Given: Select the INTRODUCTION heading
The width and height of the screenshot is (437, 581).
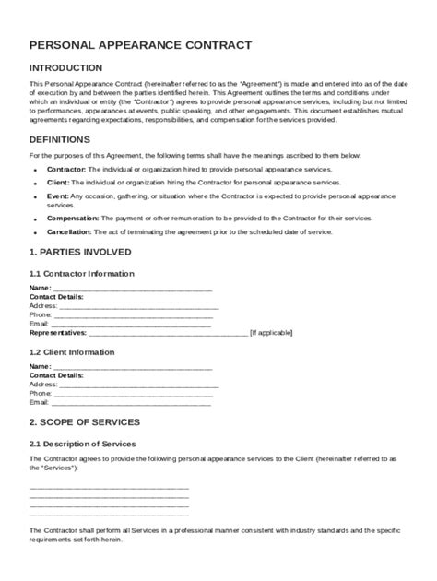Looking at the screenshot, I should (x=65, y=68).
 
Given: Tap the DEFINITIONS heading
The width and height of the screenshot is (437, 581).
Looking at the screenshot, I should (x=60, y=139).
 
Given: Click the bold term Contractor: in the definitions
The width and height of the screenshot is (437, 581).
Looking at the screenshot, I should (x=67, y=171).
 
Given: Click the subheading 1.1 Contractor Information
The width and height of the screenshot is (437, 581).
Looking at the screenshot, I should (x=82, y=273).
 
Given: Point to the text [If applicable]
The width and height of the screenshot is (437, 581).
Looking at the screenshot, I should (x=271, y=332).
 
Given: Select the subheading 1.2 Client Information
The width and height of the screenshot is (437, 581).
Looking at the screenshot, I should (x=72, y=351).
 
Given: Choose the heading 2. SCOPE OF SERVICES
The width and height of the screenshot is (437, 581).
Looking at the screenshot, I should (x=85, y=421).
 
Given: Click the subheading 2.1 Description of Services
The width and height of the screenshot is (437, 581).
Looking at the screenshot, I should (x=83, y=444).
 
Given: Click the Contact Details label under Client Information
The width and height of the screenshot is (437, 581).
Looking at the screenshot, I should (x=57, y=376).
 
